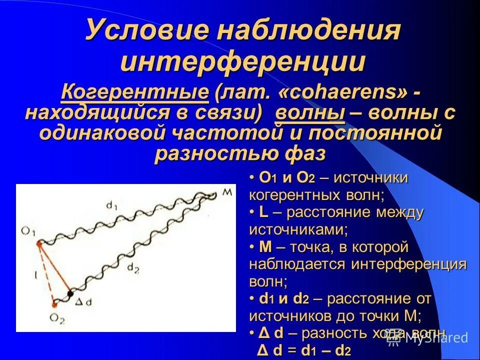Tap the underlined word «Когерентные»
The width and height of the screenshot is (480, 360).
tap(134, 92)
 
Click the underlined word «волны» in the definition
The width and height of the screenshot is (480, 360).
tap(310, 113)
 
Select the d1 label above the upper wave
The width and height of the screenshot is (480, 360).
tap(111, 205)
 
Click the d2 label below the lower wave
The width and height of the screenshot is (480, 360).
tap(133, 268)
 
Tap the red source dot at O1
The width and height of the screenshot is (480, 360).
tap(38, 243)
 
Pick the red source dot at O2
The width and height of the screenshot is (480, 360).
tap(54, 303)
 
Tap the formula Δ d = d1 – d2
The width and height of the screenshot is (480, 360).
tap(303, 349)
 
